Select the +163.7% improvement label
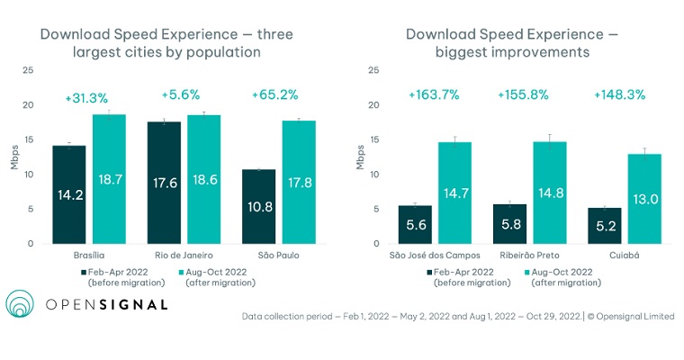point(435,94)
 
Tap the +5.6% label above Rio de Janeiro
point(181,94)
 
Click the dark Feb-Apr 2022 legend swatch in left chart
point(84,271)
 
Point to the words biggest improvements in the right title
point(511,53)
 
